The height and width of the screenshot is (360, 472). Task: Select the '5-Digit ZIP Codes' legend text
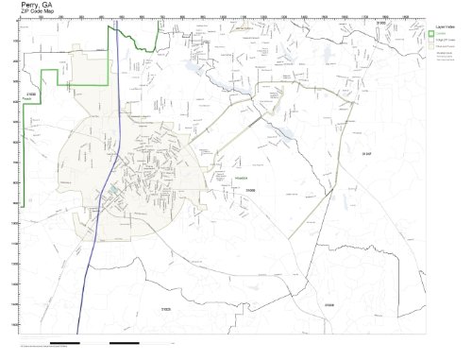click(448, 44)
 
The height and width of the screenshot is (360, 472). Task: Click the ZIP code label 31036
click(329, 307)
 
